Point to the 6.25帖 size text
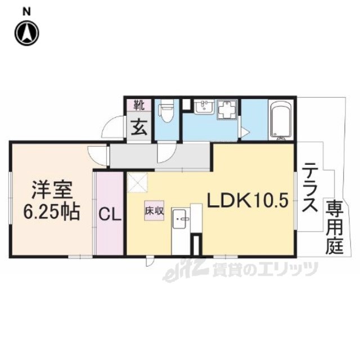point(50,213)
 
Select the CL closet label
point(109,214)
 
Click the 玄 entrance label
point(138,127)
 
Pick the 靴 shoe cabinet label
point(138,105)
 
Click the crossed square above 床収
point(138,183)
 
